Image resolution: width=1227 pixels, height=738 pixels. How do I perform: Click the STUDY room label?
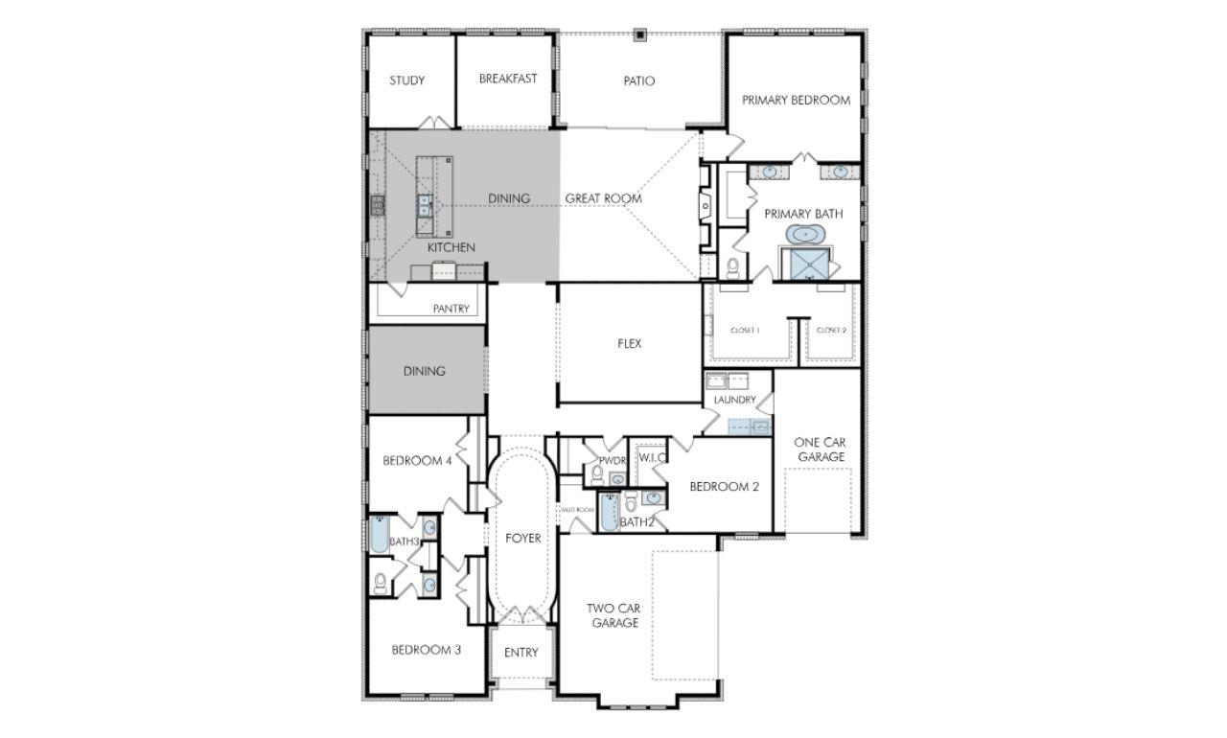click(406, 81)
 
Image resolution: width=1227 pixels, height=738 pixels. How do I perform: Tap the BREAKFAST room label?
click(508, 79)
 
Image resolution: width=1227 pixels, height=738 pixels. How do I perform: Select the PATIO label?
click(638, 81)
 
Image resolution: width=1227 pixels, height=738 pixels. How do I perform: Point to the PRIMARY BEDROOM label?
click(796, 100)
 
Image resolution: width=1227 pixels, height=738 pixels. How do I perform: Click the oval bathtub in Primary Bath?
click(803, 234)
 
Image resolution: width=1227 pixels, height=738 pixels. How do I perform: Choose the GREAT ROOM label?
click(603, 198)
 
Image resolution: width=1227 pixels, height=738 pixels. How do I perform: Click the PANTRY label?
click(451, 309)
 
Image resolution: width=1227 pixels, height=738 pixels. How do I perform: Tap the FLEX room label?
click(629, 343)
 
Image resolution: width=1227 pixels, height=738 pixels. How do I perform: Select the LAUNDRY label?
click(734, 400)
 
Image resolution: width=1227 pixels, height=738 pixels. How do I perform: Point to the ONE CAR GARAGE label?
click(820, 450)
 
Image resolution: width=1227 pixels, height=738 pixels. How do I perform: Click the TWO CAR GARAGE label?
click(614, 615)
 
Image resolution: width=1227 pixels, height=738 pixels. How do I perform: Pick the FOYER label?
click(522, 538)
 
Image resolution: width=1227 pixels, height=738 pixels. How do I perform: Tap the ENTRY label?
click(521, 653)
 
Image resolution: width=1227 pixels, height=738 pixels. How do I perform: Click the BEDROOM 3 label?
click(426, 650)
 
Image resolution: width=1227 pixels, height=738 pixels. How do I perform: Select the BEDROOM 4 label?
click(417, 461)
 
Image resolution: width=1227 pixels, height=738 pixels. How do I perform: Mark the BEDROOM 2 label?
click(724, 487)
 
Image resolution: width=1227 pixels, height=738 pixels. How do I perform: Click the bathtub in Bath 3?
click(379, 535)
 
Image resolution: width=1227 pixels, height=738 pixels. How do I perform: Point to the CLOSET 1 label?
click(745, 330)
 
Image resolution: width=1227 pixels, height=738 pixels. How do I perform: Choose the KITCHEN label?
click(451, 247)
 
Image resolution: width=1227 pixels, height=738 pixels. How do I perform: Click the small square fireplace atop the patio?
click(640, 36)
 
